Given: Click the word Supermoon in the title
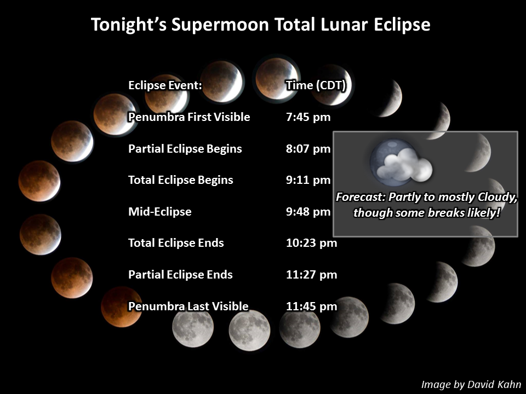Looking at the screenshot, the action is [220, 25].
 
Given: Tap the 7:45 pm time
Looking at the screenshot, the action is [308, 117].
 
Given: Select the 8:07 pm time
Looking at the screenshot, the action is [308, 149].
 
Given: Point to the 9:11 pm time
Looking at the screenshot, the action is [308, 180].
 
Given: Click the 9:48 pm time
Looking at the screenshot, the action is [308, 212].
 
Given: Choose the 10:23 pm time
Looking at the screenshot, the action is [312, 243].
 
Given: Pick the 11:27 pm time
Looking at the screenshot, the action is [312, 275].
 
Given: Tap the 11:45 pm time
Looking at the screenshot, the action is [312, 306].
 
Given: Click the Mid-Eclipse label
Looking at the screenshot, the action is [159, 212].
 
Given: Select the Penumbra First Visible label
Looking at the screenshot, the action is [189, 117].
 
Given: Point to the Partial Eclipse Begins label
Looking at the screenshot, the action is [185, 149].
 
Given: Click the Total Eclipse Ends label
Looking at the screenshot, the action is [176, 243].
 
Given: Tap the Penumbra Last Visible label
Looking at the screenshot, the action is [188, 306].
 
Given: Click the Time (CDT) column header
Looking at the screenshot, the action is [316, 85].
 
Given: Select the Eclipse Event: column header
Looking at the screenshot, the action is [165, 85].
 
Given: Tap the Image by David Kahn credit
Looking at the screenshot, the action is [471, 384].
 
